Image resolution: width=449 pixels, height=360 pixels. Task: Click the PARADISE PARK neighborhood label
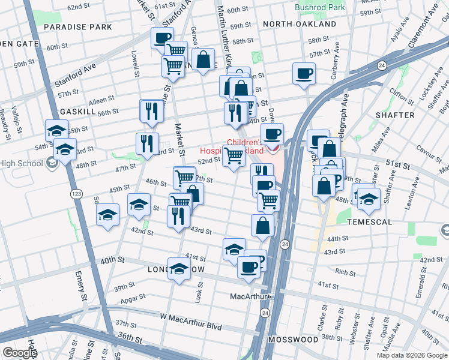[x=78, y=28]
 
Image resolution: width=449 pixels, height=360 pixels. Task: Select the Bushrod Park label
[x=320, y=8]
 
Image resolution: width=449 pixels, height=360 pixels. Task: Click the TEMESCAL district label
[x=369, y=222]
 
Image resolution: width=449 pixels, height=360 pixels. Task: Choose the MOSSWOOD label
[x=293, y=340]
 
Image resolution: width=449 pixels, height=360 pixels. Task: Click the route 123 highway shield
[x=77, y=194]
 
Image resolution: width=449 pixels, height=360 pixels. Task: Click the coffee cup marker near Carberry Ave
[x=304, y=74]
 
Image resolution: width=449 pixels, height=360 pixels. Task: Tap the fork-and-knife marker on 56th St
[x=151, y=111]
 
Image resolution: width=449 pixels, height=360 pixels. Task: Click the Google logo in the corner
[x=20, y=353]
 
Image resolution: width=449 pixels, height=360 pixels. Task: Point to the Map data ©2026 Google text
[x=411, y=355]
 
